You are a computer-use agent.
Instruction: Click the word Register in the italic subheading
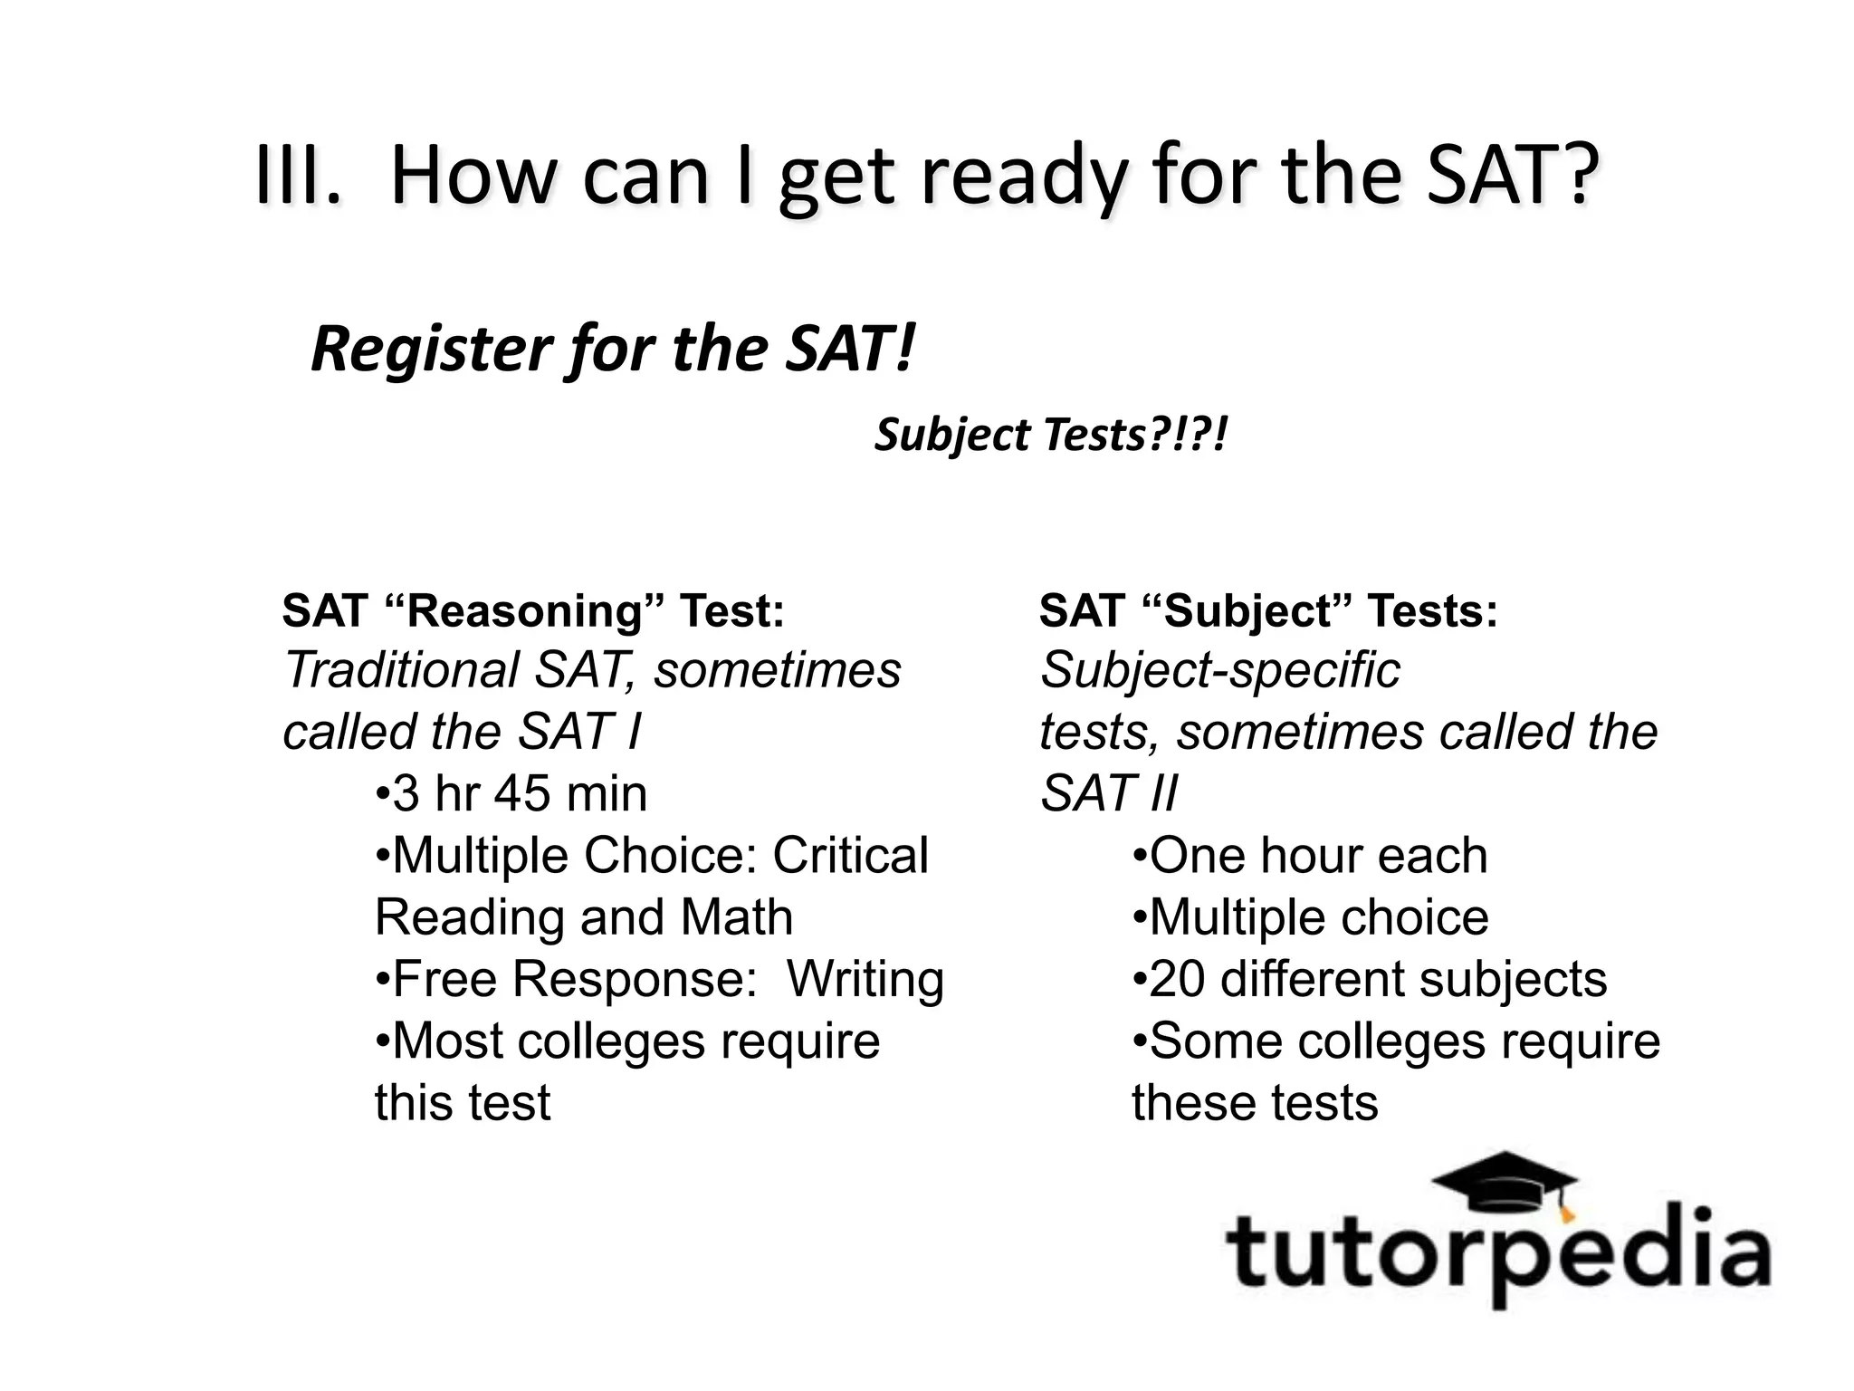431,349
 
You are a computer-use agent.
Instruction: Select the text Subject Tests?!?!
1050,436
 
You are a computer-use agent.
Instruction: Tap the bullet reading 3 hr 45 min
511,793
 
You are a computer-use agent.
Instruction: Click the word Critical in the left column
850,855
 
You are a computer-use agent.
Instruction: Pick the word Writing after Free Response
865,979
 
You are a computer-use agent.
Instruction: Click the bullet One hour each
1310,855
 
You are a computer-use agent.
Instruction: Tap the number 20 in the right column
1177,979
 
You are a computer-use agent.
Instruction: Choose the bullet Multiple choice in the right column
1310,916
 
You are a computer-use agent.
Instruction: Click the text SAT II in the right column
1108,793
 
